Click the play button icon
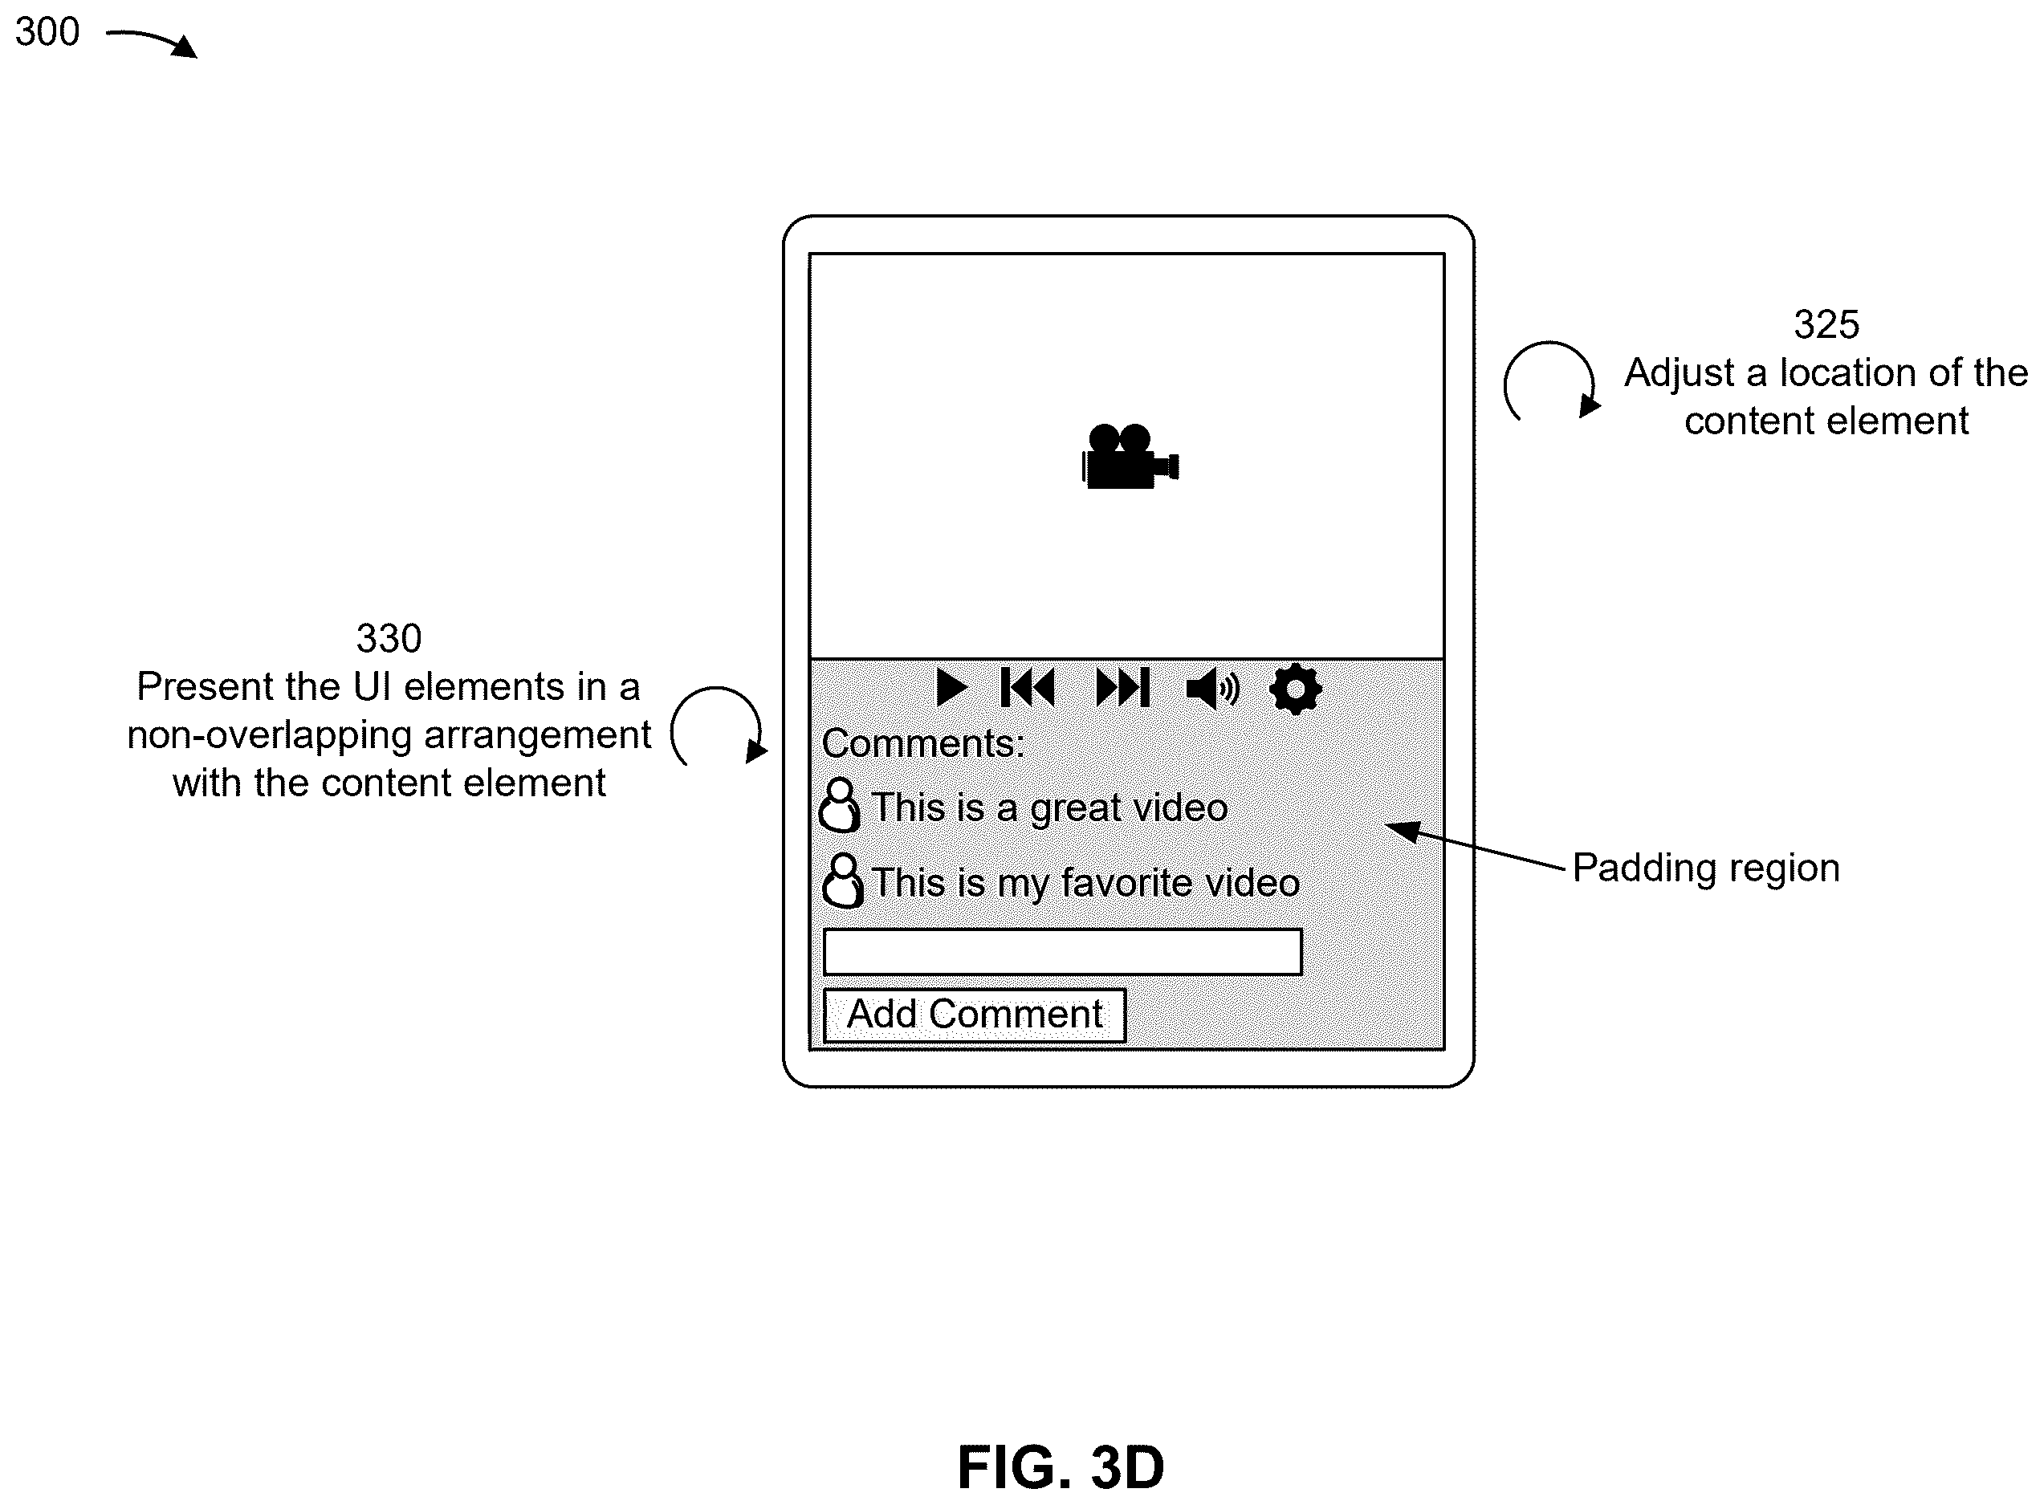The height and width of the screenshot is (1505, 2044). point(951,688)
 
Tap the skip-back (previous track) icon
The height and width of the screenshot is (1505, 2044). point(1028,688)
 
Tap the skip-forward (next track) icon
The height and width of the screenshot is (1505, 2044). point(1122,688)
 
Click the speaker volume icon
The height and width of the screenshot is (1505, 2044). point(1213,688)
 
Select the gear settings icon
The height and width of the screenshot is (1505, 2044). point(1295,689)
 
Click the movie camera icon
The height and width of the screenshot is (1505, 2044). point(1130,457)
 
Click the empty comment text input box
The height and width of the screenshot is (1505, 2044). point(1063,952)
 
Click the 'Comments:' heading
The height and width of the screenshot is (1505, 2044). point(923,743)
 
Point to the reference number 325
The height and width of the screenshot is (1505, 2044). point(1826,324)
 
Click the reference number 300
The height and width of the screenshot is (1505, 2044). point(47,32)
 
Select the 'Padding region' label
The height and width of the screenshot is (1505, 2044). point(1706,868)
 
